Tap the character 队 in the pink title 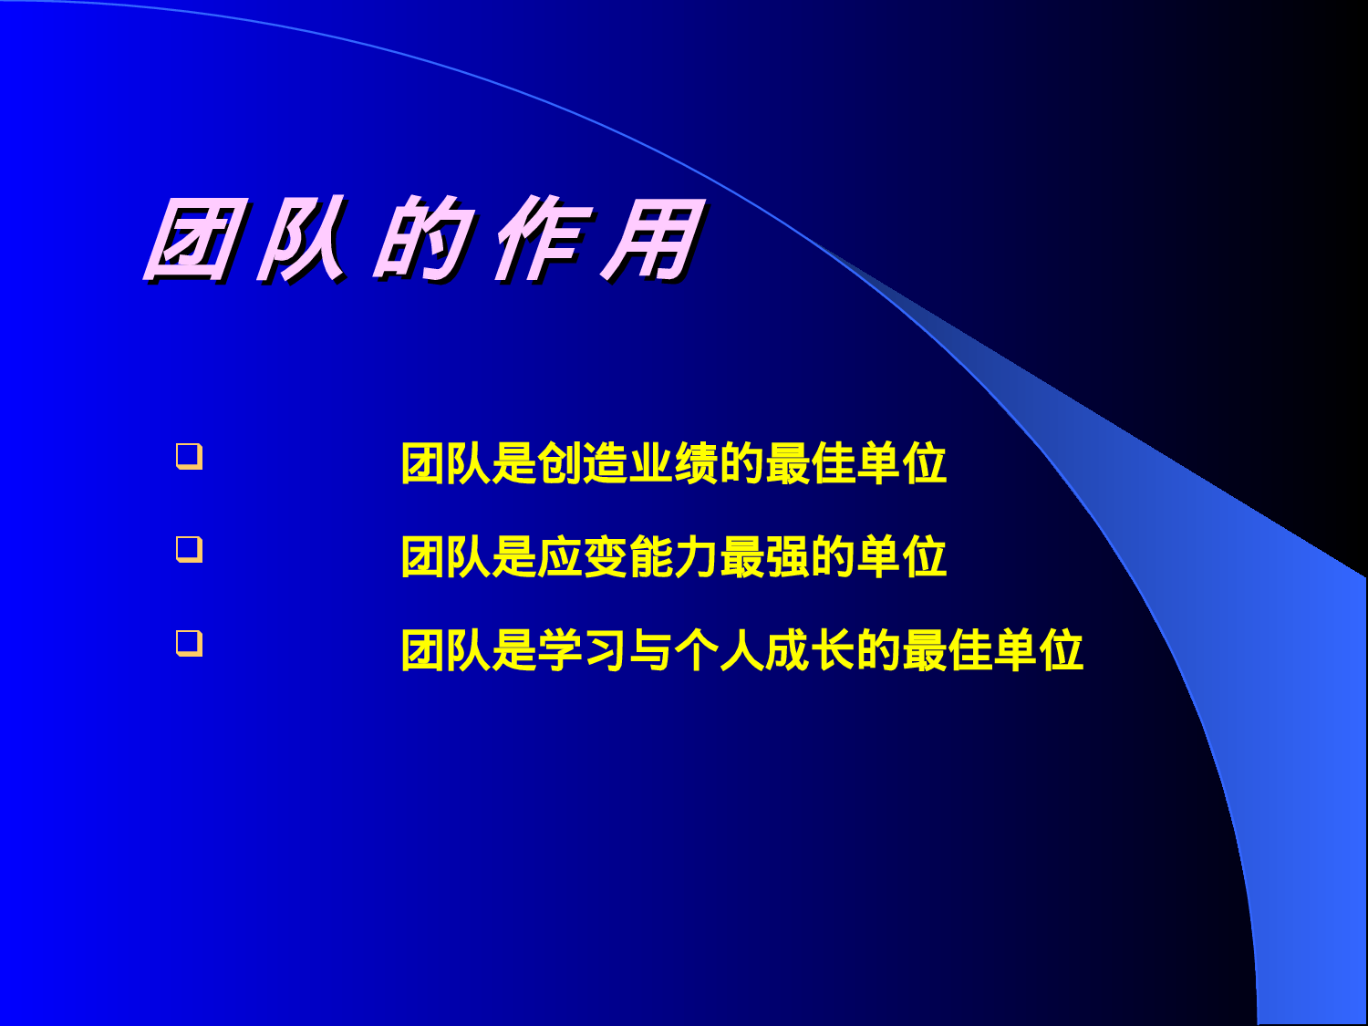(302, 240)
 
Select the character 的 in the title (423, 240)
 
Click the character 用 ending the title (653, 240)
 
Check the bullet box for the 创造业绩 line (189, 456)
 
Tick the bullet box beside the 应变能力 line (189, 549)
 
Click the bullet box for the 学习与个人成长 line (189, 643)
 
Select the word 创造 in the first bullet (583, 463)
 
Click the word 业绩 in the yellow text (674, 463)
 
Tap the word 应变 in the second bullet (583, 557)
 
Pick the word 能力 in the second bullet (674, 557)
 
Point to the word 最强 (765, 557)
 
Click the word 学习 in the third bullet (583, 651)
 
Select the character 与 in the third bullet (651, 651)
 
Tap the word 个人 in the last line (720, 651)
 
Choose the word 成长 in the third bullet (811, 651)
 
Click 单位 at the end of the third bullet (1039, 651)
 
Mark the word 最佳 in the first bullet (811, 463)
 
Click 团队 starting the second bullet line (446, 557)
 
